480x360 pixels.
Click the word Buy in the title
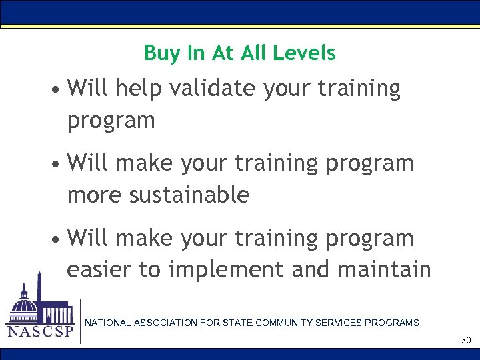159,54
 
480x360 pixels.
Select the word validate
213,89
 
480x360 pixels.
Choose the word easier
100,270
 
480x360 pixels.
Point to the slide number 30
465,341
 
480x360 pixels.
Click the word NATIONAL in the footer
107,323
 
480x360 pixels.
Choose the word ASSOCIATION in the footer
166,323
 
